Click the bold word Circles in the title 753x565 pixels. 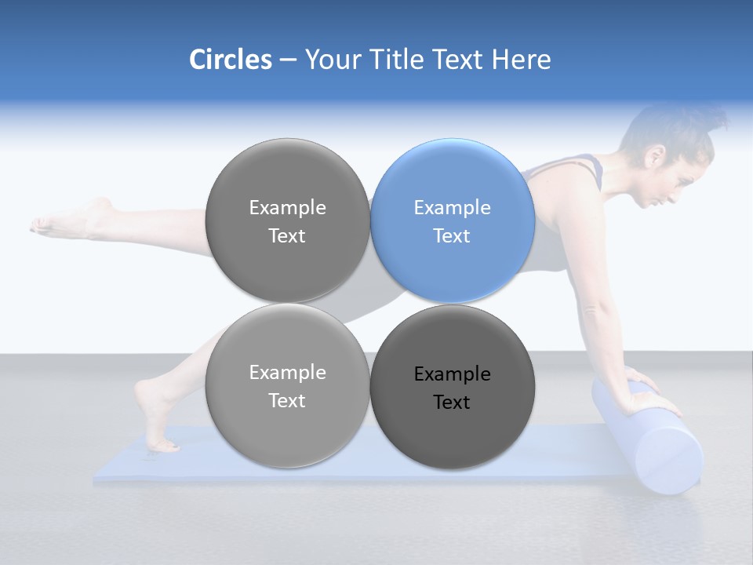[x=231, y=60]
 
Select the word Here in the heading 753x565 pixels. [x=520, y=60]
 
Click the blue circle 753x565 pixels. [x=453, y=221]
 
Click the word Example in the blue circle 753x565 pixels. [x=453, y=208]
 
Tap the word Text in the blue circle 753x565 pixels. [x=453, y=236]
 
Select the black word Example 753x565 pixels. [x=453, y=374]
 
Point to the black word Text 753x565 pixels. [x=453, y=403]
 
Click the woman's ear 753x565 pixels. [x=652, y=157]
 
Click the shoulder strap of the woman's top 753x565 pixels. [x=592, y=165]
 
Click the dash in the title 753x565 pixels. [x=288, y=60]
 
